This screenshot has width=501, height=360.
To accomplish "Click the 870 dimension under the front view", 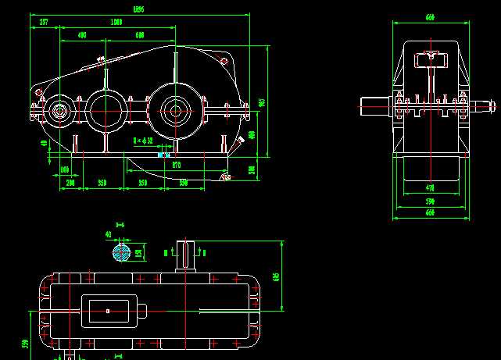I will (176, 165).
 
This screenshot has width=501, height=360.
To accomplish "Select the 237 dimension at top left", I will (44, 22).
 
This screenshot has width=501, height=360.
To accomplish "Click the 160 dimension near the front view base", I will (64, 169).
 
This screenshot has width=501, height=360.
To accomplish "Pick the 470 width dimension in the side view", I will (429, 187).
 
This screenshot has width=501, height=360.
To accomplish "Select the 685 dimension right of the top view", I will (276, 276).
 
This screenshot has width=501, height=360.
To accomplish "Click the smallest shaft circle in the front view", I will (59, 112).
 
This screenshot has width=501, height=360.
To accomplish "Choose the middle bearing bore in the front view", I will (106, 111).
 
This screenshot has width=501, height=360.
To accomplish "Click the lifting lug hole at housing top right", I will (225, 59).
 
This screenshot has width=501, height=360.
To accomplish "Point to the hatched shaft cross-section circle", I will (121, 252).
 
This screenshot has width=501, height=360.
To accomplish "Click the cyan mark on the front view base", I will (163, 155).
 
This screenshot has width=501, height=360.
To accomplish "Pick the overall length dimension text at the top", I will (138, 9).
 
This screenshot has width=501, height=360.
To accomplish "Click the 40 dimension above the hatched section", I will (108, 233).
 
